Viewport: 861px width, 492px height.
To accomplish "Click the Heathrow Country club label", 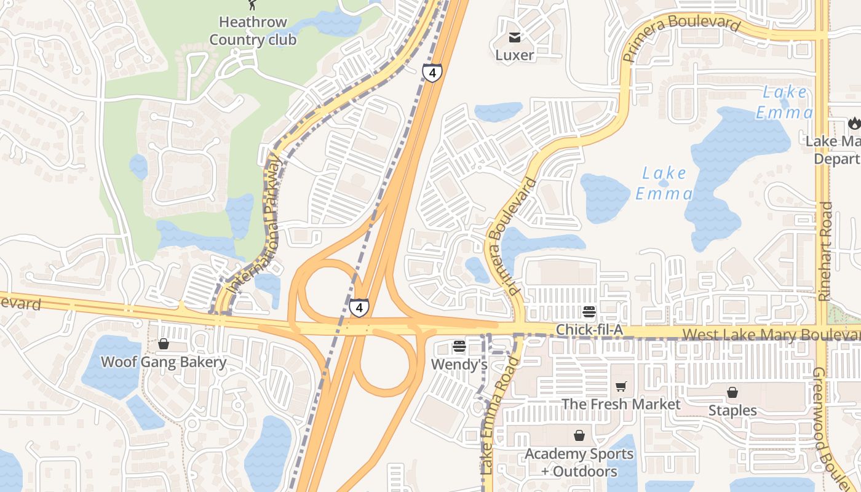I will pyautogui.click(x=253, y=31).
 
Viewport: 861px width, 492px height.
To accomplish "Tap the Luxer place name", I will pyautogui.click(x=515, y=55).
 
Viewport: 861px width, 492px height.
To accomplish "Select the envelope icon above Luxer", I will pyautogui.click(x=515, y=38).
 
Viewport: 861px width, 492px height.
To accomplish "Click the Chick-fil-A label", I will pyautogui.click(x=589, y=330).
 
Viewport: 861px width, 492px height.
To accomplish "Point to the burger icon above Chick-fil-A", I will pyautogui.click(x=589, y=312).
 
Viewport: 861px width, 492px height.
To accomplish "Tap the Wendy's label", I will pyautogui.click(x=459, y=365).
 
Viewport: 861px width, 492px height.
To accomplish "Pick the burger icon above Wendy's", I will pyautogui.click(x=459, y=347).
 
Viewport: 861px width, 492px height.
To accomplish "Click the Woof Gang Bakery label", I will pyautogui.click(x=164, y=362).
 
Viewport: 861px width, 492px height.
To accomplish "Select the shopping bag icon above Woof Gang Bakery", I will pyautogui.click(x=164, y=344).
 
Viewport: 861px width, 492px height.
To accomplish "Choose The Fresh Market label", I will pyautogui.click(x=621, y=404).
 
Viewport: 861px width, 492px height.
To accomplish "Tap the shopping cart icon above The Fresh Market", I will pyautogui.click(x=621, y=387).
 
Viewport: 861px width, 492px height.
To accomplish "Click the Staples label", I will pyautogui.click(x=732, y=410).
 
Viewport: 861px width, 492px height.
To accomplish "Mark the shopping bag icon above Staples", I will pyautogui.click(x=732, y=392).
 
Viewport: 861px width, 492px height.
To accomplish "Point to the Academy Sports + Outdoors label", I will pyautogui.click(x=579, y=462).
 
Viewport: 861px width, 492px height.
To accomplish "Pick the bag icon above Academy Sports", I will pyautogui.click(x=579, y=436).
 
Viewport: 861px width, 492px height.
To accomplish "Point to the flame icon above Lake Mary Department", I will pyautogui.click(x=854, y=124).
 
